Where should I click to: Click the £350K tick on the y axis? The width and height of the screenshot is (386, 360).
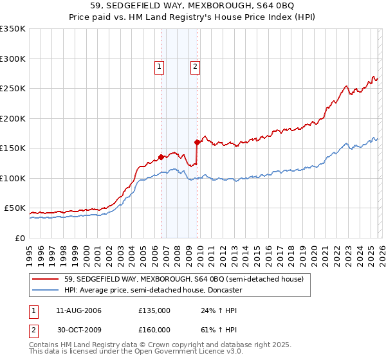point(13,29)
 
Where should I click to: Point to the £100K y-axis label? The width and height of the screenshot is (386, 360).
point(13,178)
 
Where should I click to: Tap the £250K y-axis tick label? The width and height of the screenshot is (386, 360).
point(13,89)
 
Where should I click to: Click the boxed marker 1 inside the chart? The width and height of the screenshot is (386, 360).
point(159,65)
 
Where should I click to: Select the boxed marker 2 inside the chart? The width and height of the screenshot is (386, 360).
point(194,65)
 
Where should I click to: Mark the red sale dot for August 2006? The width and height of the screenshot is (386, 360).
point(161,157)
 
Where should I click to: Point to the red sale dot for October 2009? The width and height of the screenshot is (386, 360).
point(197,142)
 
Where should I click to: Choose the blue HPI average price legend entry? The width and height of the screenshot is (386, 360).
point(152,290)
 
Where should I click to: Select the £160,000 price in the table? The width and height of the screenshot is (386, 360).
point(154,329)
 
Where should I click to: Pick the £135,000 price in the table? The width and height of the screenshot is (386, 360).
point(154,310)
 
